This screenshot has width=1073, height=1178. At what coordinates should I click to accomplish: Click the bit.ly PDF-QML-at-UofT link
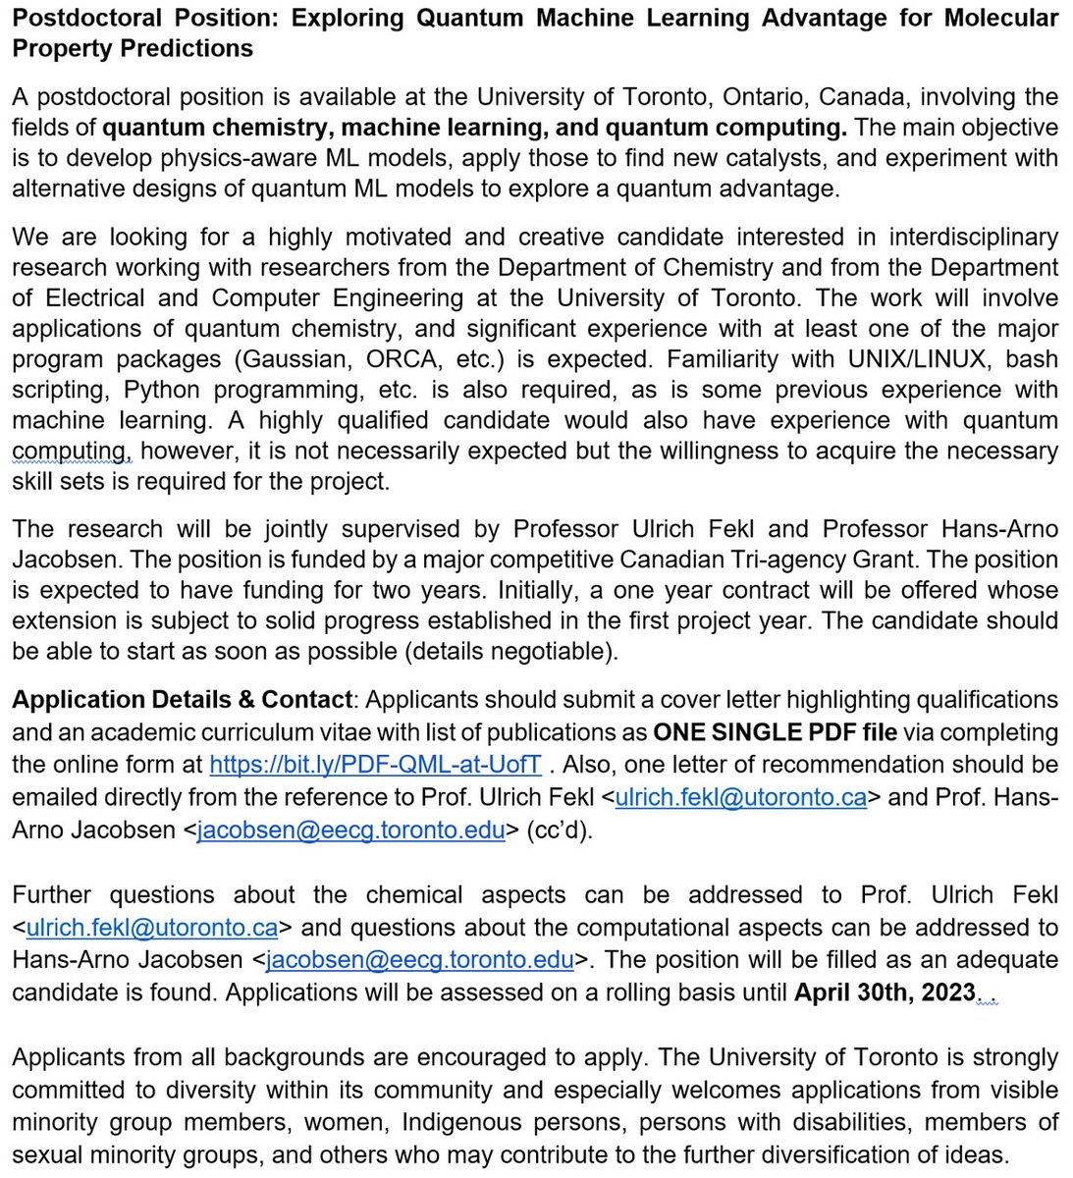pyautogui.click(x=375, y=765)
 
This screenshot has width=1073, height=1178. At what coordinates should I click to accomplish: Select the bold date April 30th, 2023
pyautogui.click(x=885, y=991)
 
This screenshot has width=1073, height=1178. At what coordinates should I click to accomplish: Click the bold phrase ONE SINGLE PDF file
pyautogui.click(x=775, y=732)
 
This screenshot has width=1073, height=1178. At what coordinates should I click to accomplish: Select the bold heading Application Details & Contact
pyautogui.click(x=182, y=700)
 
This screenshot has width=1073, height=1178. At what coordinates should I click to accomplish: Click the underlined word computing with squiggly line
pyautogui.click(x=70, y=451)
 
